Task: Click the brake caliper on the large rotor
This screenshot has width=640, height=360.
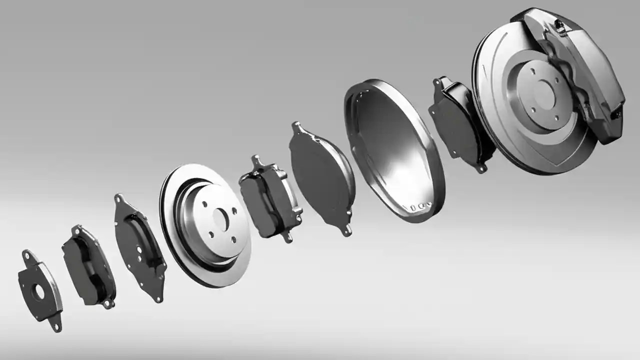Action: pyautogui.click(x=585, y=75)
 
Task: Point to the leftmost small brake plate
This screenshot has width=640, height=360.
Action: pyautogui.click(x=40, y=290)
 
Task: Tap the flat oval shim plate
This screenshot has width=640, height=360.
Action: pyautogui.click(x=320, y=177)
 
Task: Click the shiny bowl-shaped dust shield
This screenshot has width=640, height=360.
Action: pyautogui.click(x=395, y=150)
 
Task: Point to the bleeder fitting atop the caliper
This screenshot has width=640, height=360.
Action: pyautogui.click(x=560, y=27)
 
